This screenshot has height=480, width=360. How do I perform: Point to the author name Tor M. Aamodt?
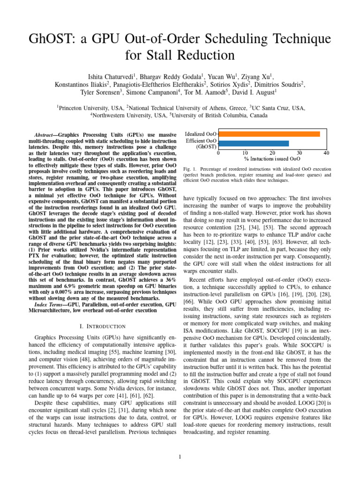coord(205,93)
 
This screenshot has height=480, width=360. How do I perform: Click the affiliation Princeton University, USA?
coord(90,108)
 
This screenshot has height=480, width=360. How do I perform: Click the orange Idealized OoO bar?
coord(270,134)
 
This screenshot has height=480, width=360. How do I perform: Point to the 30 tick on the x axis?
coord(300,153)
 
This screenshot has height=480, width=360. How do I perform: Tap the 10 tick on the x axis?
coord(246,153)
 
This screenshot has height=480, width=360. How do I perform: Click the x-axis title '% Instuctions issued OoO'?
coord(273,159)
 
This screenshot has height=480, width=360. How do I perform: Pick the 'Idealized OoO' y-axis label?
coord(201,134)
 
